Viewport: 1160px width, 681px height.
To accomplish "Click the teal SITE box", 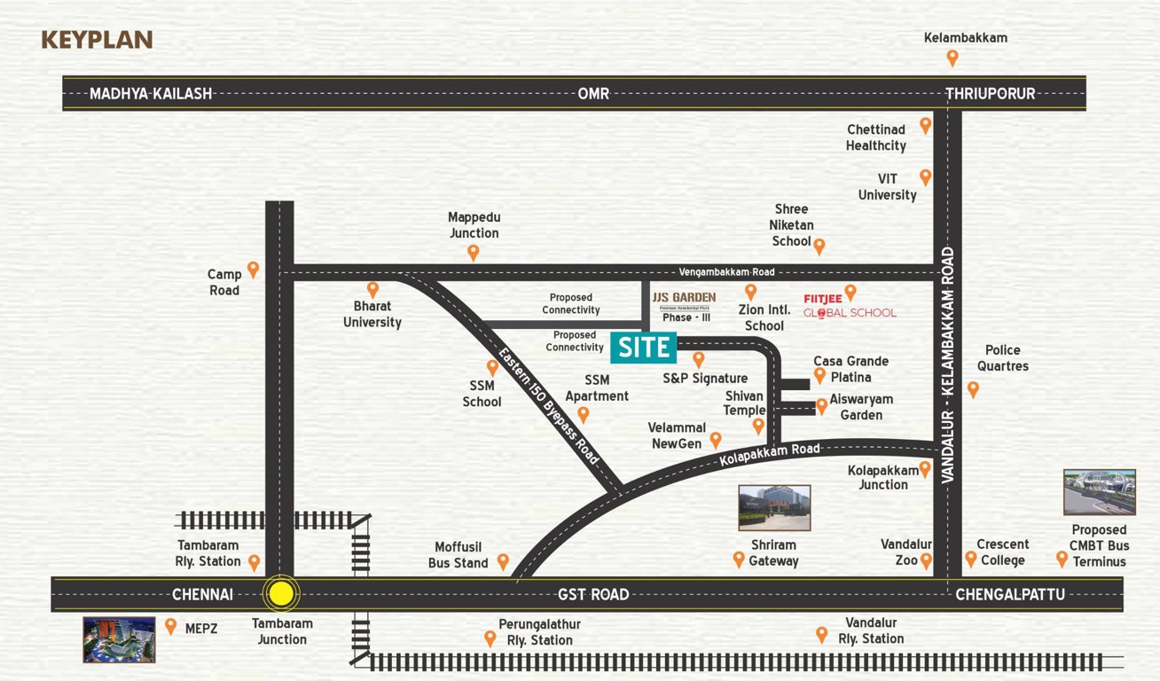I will [x=644, y=348].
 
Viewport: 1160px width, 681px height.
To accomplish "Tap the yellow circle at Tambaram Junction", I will [x=281, y=594].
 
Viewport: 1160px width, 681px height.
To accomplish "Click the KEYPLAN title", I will [x=98, y=40].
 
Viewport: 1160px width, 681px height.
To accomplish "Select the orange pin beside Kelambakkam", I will [x=952, y=58].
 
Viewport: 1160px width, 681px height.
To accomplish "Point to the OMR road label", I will [x=593, y=93].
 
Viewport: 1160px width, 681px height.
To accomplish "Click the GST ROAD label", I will [x=593, y=594].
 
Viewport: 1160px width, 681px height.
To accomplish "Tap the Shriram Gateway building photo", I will [x=774, y=507].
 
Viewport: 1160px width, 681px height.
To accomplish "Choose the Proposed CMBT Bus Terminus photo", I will [x=1100, y=492].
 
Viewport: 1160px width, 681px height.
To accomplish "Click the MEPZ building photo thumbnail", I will [x=119, y=639].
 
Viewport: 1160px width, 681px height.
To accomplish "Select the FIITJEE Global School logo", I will [x=849, y=305].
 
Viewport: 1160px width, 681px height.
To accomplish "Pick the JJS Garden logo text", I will [x=684, y=297].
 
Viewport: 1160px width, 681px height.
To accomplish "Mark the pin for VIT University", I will [x=926, y=176].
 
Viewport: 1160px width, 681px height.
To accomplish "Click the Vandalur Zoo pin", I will [x=927, y=560].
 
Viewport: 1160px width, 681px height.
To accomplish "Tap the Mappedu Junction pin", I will [x=474, y=252].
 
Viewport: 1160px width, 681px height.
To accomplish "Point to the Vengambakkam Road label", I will [x=726, y=272].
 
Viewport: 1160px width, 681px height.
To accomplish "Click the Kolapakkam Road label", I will [x=769, y=455].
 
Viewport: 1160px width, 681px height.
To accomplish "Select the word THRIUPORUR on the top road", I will [x=990, y=93].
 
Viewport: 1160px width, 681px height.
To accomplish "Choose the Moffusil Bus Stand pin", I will [x=503, y=560].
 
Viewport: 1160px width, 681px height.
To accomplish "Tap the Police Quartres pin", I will [x=974, y=388].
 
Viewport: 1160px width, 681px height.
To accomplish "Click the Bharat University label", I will [x=372, y=314].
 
